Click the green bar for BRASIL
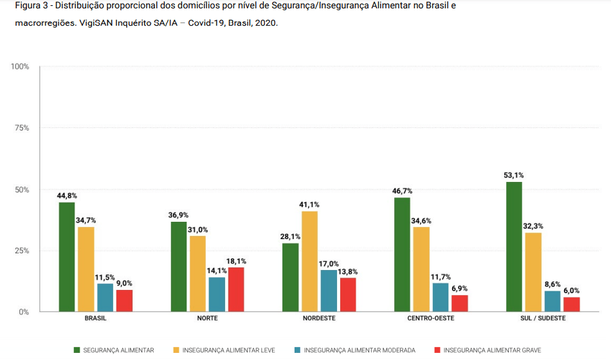[x=67, y=257]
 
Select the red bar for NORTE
[x=236, y=289]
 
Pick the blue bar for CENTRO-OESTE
[x=441, y=298]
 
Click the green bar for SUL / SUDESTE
[x=514, y=247]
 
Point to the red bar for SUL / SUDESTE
[x=571, y=304]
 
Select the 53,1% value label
[x=514, y=175]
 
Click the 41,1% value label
[x=309, y=204]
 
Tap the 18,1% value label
[x=236, y=261]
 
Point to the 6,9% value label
[x=460, y=289]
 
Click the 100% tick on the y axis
[x=20, y=67]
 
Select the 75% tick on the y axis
[x=22, y=128]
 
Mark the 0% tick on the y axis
[x=24, y=312]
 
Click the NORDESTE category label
[x=319, y=318]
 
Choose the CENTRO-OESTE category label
[x=431, y=318]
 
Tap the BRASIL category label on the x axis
[x=95, y=318]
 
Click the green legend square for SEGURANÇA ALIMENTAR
[x=77, y=350]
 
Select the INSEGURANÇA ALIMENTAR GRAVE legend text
[x=492, y=350]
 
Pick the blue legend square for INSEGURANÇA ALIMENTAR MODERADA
[x=297, y=350]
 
